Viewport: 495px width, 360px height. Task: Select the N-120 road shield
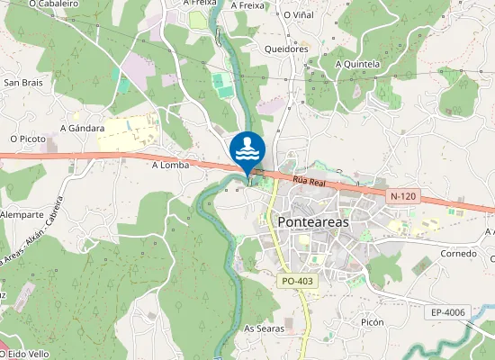coord(403,196)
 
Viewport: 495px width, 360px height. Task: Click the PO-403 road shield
coord(296,282)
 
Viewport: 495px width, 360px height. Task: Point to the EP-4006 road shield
coord(447,312)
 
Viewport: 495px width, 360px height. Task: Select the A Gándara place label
coord(82,128)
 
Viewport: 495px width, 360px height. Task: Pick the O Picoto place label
coord(27,139)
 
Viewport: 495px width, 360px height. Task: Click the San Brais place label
coord(24,82)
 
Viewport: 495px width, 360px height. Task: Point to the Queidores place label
coord(286,49)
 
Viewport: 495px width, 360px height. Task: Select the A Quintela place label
coord(357,64)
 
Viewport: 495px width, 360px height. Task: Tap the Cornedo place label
coord(458,254)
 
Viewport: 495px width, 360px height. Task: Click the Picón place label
coord(372,322)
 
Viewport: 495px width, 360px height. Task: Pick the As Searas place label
coord(265,328)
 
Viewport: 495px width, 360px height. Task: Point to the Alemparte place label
coord(22,215)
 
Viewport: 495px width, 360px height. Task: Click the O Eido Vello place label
coord(25,354)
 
